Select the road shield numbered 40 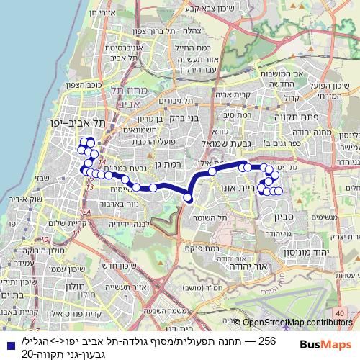(x=340, y=294)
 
